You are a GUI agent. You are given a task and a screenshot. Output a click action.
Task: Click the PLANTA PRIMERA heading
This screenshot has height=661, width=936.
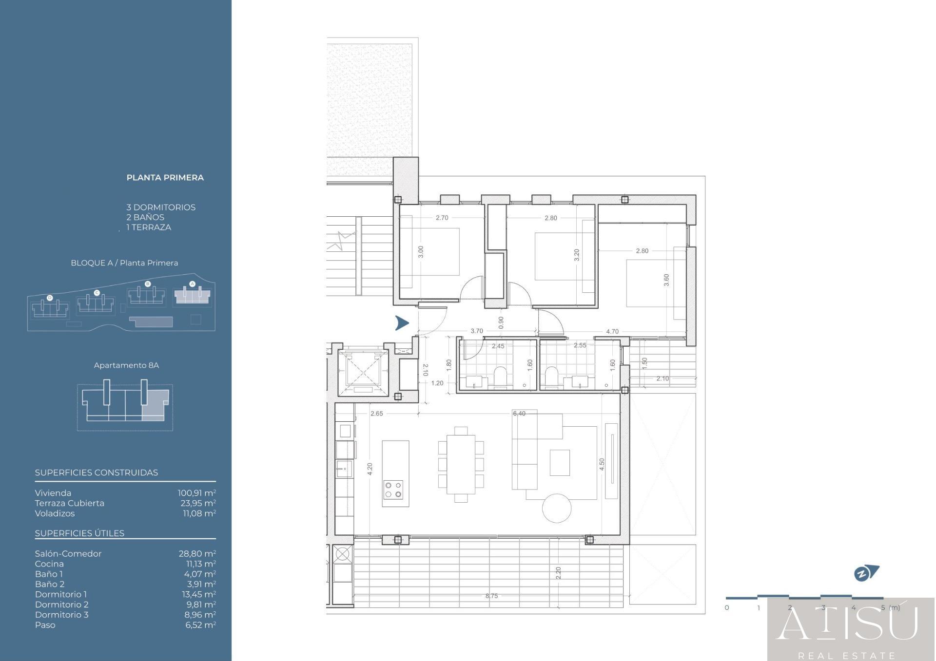[x=165, y=178]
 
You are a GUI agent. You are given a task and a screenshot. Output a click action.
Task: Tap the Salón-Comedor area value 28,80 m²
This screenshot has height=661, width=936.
[x=197, y=553]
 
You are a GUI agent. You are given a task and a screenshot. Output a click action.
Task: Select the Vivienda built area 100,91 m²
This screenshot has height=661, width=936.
[x=197, y=493]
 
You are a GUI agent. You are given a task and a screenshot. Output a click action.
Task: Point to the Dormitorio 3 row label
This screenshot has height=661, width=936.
[x=62, y=615]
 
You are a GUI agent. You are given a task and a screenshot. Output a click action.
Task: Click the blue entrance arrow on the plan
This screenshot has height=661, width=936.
[x=402, y=323]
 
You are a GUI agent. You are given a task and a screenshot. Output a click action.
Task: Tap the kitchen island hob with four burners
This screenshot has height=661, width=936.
[x=393, y=490]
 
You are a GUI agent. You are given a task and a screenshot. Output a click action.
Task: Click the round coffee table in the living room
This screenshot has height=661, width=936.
[x=557, y=508]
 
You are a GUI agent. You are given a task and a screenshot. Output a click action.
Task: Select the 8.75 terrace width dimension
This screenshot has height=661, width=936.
[x=491, y=596]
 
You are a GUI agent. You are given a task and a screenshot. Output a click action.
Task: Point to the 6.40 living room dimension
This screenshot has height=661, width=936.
[x=519, y=414]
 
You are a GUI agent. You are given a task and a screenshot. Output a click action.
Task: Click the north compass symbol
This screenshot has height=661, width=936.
[x=866, y=573]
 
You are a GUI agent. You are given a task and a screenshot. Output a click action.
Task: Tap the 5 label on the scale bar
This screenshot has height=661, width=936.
[x=883, y=607]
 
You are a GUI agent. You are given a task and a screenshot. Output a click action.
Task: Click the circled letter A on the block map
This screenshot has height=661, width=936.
[x=192, y=283]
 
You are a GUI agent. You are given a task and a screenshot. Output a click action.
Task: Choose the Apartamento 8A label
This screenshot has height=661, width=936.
[x=126, y=365]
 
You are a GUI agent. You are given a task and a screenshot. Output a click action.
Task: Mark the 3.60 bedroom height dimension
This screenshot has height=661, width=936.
[x=666, y=280]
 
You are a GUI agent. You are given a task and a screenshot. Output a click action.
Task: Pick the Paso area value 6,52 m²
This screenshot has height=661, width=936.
[x=200, y=625]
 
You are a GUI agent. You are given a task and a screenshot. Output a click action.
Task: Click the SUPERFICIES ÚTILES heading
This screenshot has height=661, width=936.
[x=79, y=533]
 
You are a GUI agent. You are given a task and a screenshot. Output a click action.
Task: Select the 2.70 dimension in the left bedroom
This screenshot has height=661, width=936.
[x=442, y=218]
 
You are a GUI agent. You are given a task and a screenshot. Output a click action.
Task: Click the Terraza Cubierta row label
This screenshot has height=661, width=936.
[x=70, y=503]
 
